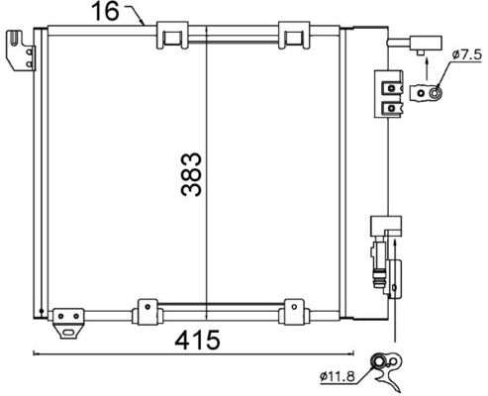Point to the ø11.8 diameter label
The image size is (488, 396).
[x=340, y=374]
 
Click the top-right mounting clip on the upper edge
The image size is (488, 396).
[x=293, y=36]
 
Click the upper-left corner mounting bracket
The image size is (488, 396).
[x=18, y=49]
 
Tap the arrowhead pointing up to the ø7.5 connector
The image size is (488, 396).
[x=425, y=60]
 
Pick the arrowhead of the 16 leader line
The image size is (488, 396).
[x=145, y=23]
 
